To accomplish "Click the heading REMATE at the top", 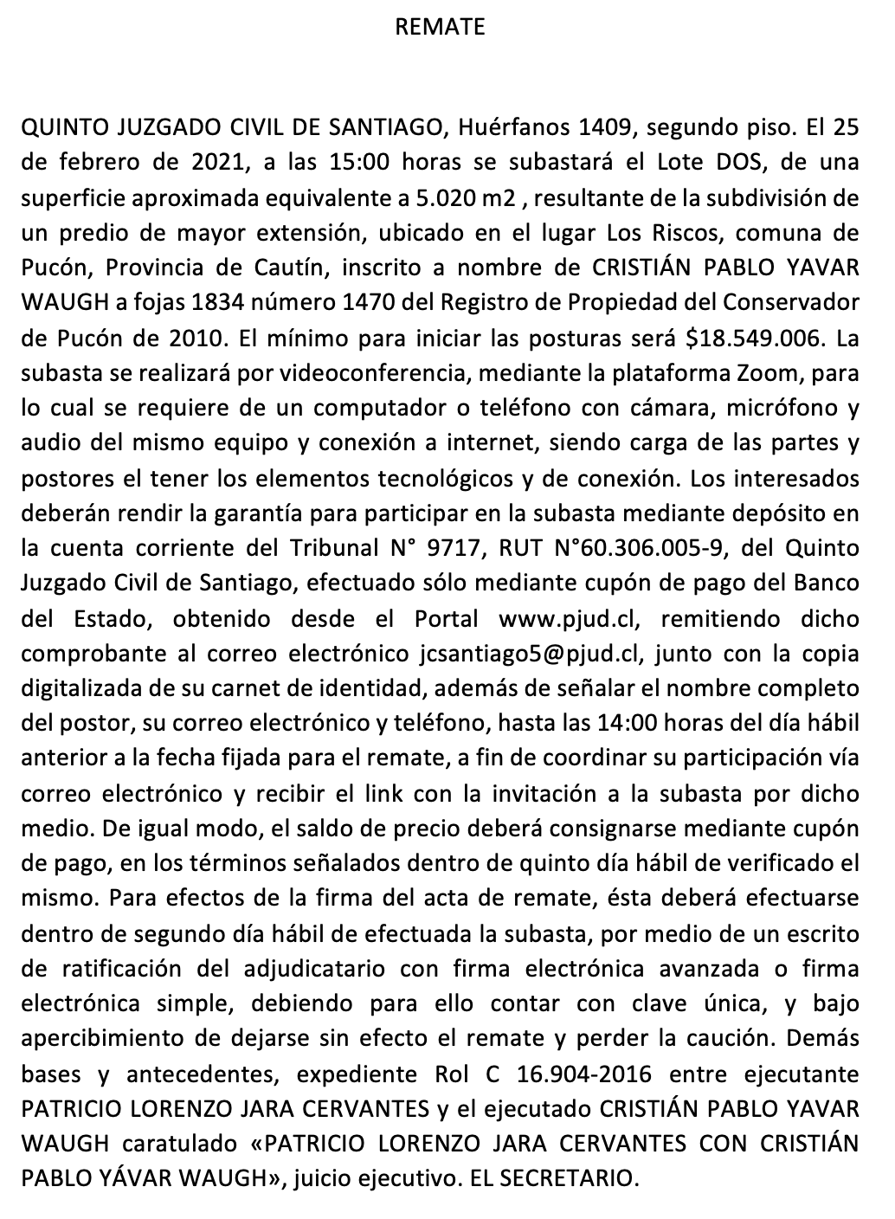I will pyautogui.click(x=440, y=27).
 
